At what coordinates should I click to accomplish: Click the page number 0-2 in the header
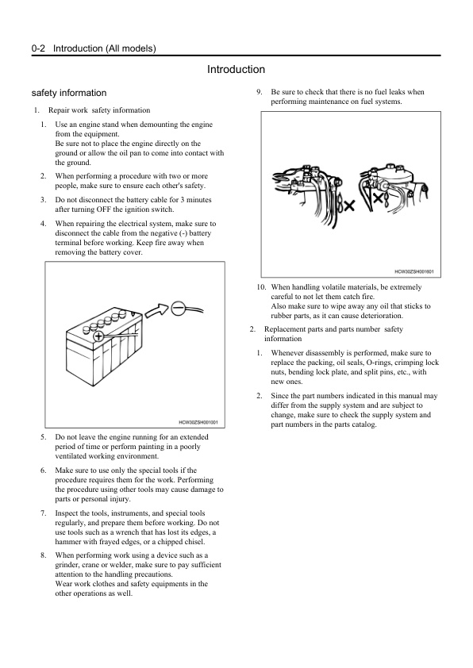point(38,48)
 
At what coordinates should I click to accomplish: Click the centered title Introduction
point(236,70)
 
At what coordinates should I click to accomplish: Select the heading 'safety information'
point(69,93)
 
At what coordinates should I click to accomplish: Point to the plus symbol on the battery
point(98,336)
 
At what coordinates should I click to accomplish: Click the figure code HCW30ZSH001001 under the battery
point(198,423)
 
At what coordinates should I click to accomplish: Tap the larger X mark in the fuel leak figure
point(348,206)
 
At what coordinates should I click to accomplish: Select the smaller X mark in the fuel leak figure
point(377,198)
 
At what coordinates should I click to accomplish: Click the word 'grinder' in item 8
point(67,565)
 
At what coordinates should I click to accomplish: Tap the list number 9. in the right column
point(259,92)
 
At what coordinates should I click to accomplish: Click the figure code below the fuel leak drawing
point(414,271)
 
